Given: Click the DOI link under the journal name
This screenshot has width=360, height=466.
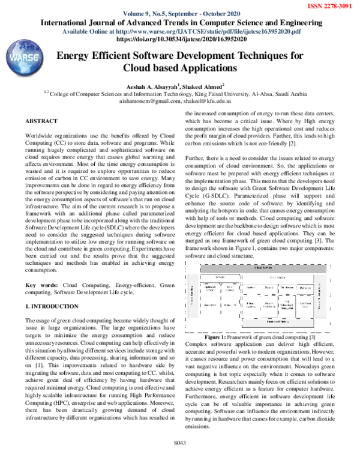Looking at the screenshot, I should [x=180, y=38].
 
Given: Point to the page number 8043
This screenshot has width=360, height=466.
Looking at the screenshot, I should [x=180, y=459].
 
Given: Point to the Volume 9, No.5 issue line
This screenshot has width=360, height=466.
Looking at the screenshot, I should [x=180, y=14].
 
